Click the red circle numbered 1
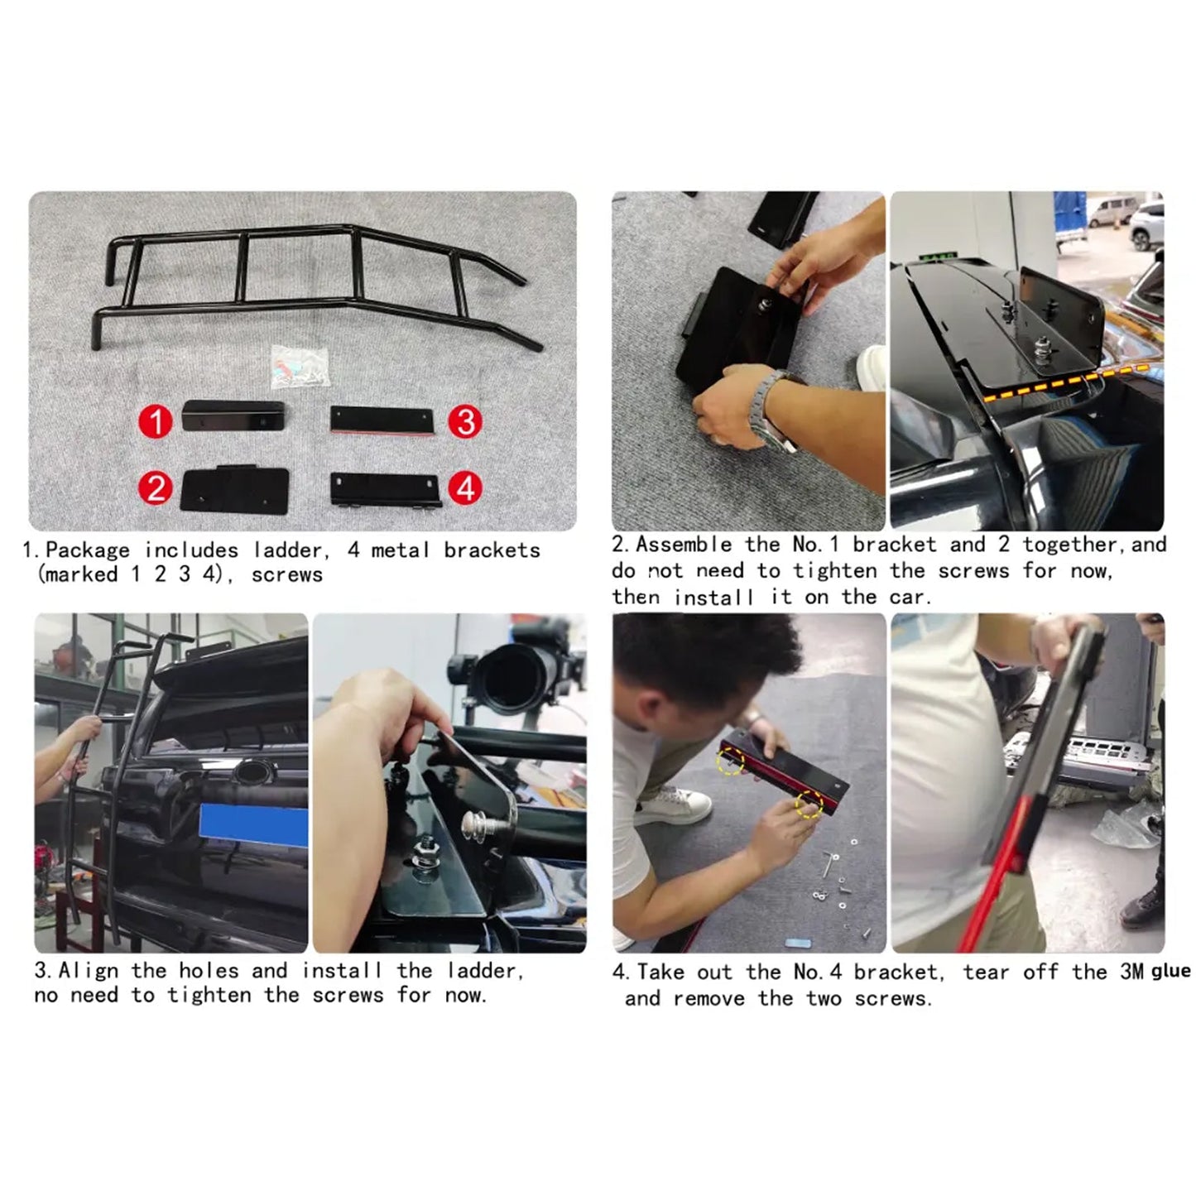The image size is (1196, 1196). [x=155, y=420]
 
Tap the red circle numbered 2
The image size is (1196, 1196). [x=155, y=488]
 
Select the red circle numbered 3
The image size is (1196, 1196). [x=465, y=420]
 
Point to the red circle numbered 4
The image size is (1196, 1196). [x=465, y=488]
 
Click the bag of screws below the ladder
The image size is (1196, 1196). [x=300, y=368]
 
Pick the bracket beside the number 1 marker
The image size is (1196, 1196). [x=233, y=416]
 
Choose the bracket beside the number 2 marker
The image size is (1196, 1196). [x=235, y=489]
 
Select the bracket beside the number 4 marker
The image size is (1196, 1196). [x=385, y=491]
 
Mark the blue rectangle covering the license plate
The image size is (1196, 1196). [x=254, y=826]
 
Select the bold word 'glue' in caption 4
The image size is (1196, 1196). [x=1170, y=971]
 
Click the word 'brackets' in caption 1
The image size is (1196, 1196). [x=492, y=550]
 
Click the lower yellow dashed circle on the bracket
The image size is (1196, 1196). [x=809, y=804]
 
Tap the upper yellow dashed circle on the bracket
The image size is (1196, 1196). [x=731, y=760]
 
